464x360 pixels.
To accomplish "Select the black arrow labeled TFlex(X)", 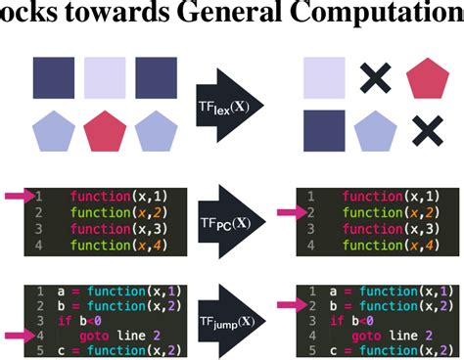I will (x=230, y=101).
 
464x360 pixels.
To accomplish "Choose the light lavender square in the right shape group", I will (x=323, y=77).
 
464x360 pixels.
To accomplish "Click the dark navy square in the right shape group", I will (x=323, y=129).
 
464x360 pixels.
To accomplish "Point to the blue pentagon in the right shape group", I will (x=375, y=129).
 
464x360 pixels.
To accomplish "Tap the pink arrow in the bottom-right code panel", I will (x=287, y=305).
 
